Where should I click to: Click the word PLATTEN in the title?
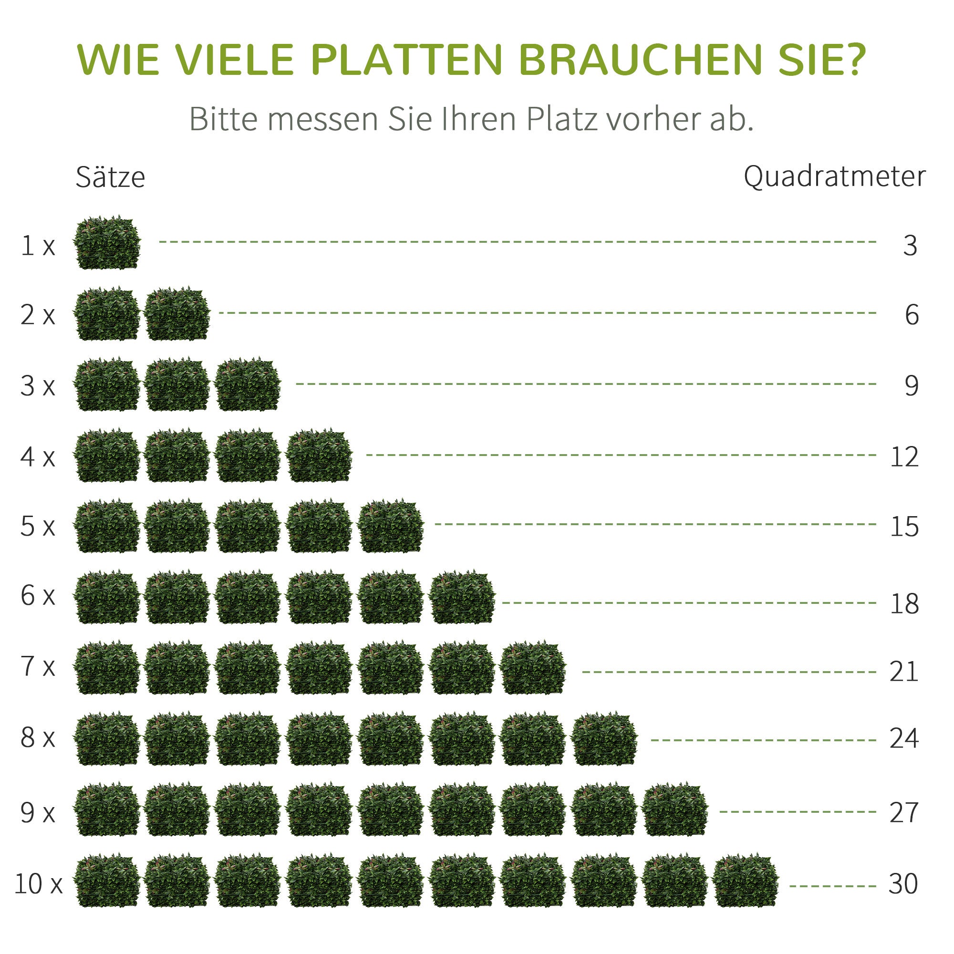click(406, 60)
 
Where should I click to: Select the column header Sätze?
click(110, 177)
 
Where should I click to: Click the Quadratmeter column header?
click(834, 176)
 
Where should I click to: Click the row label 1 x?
click(38, 245)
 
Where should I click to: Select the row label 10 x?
click(39, 883)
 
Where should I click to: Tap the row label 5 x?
click(38, 527)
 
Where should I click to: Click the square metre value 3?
click(910, 245)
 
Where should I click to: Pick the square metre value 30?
click(903, 883)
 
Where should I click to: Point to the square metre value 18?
click(904, 603)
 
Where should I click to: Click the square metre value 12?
click(904, 457)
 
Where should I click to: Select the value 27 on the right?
click(904, 812)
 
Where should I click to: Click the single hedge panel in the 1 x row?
click(107, 243)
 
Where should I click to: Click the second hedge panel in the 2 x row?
click(177, 314)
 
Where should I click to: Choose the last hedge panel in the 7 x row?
click(533, 668)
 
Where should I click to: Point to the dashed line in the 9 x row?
click(797, 812)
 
